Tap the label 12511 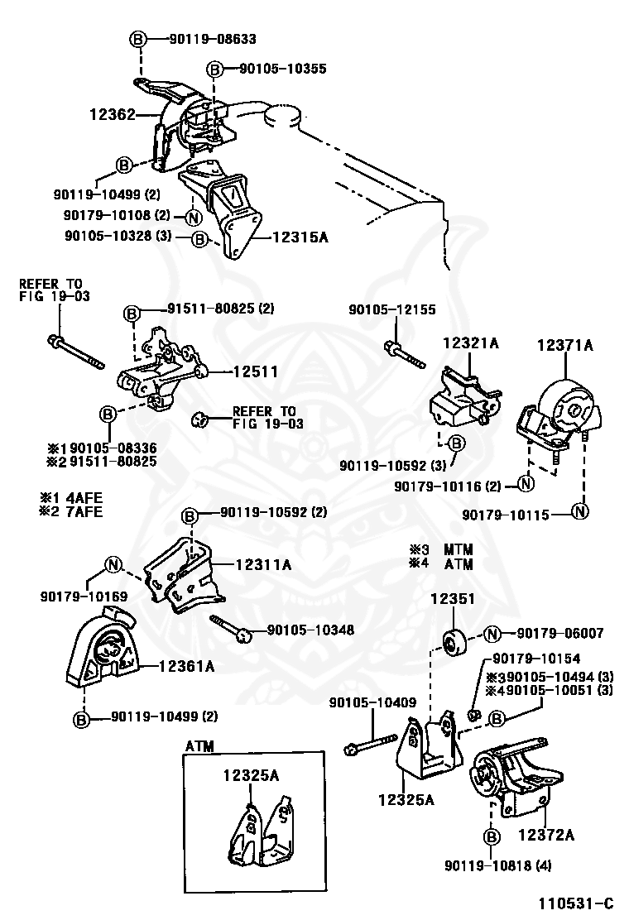(254, 372)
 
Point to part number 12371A (566, 345)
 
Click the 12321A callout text (470, 343)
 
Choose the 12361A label (187, 665)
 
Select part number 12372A (546, 835)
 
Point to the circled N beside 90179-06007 (492, 634)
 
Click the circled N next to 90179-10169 (113, 566)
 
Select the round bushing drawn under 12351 (452, 642)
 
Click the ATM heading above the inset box (199, 745)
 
